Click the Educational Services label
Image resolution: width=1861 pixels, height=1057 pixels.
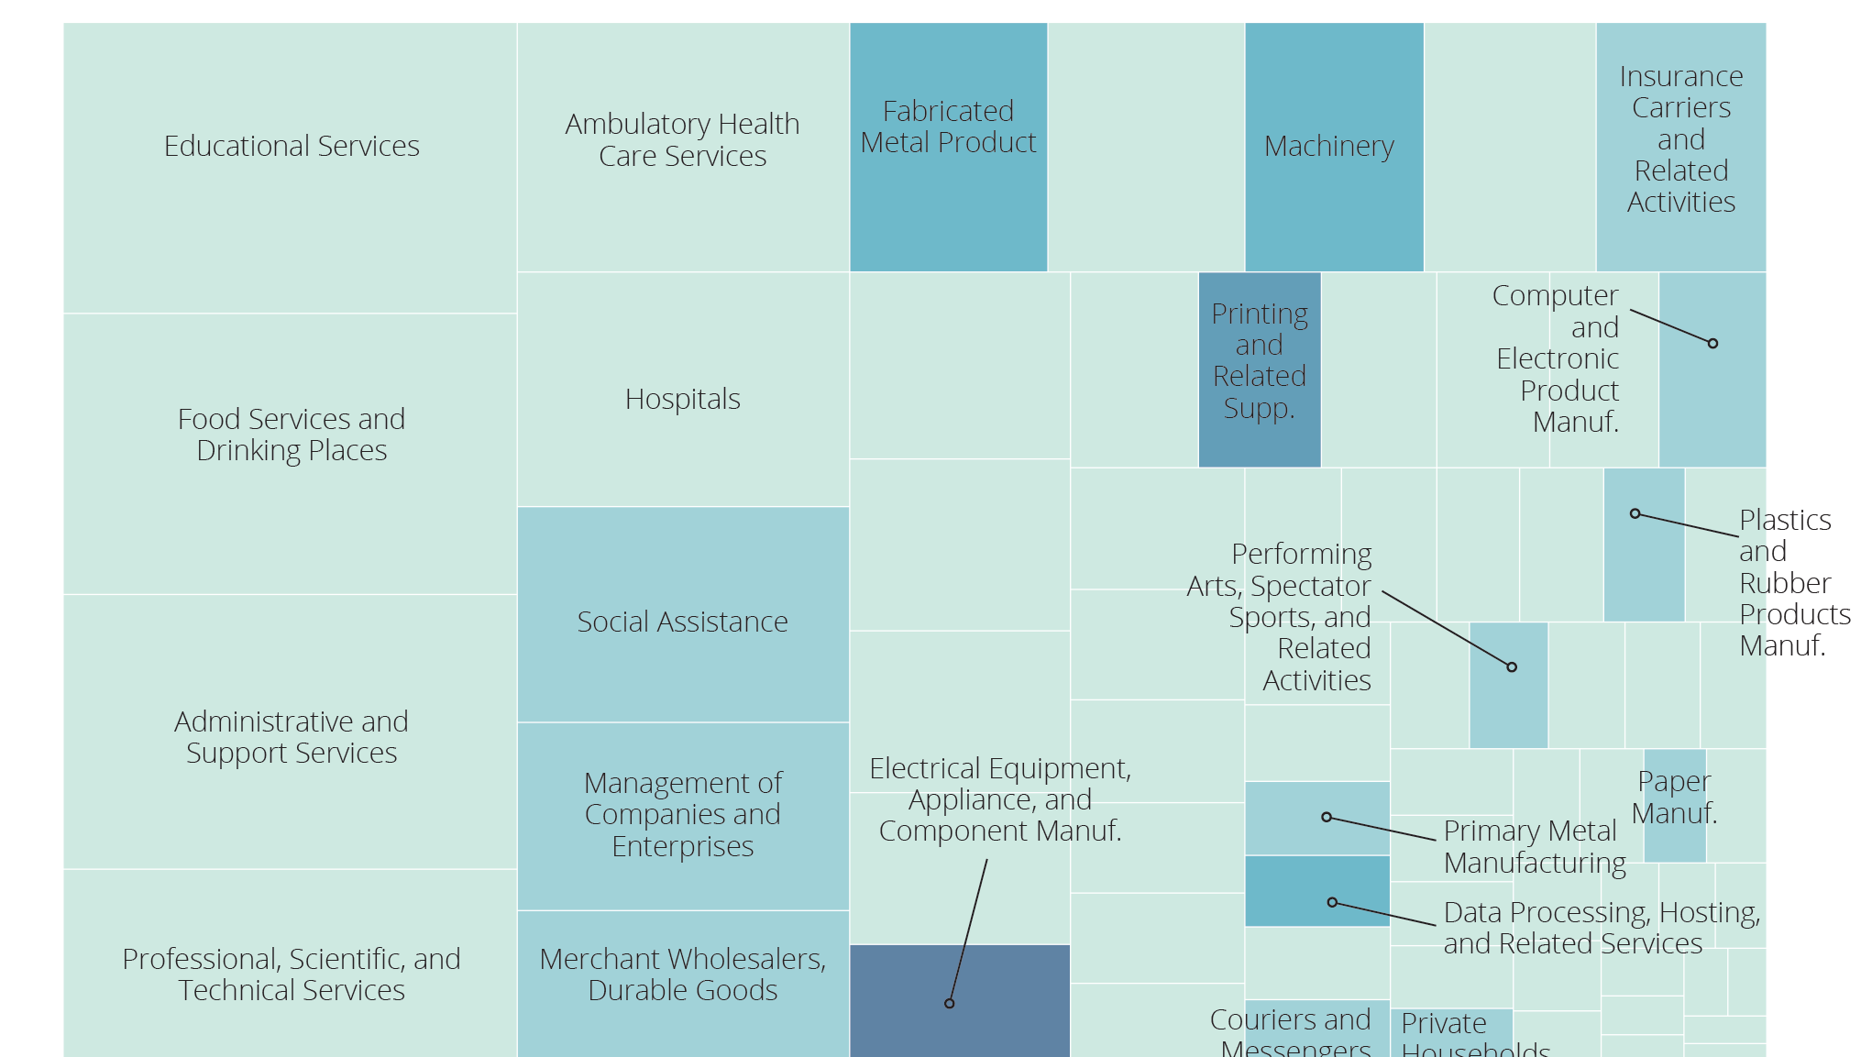[292, 146]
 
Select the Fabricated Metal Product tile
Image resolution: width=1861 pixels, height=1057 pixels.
[948, 147]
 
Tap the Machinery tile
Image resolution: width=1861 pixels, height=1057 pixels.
[1333, 147]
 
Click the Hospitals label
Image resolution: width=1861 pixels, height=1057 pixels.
[682, 399]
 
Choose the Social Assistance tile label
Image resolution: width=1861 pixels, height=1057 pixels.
[682, 622]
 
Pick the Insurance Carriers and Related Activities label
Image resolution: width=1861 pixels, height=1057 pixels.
[1680, 139]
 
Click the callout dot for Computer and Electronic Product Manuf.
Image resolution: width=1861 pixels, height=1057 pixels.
[1712, 344]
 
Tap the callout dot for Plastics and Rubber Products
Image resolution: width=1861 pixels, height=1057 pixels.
[1635, 513]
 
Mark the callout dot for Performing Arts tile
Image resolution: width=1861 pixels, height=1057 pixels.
[1512, 667]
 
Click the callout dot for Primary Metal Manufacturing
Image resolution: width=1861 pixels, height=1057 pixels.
[1326, 817]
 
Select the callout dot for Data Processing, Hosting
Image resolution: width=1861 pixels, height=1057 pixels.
[1332, 902]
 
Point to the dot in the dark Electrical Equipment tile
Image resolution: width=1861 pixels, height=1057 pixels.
[949, 1003]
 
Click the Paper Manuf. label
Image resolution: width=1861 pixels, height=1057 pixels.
[1674, 797]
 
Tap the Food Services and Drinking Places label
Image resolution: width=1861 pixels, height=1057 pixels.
[292, 435]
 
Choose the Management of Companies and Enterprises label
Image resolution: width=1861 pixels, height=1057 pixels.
[682, 814]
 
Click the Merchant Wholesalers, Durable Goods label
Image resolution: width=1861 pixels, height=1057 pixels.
[682, 974]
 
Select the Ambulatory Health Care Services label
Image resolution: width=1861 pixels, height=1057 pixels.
[682, 139]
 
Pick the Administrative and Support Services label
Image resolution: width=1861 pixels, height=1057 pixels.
[292, 737]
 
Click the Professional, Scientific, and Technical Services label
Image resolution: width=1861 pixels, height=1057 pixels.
[292, 974]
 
